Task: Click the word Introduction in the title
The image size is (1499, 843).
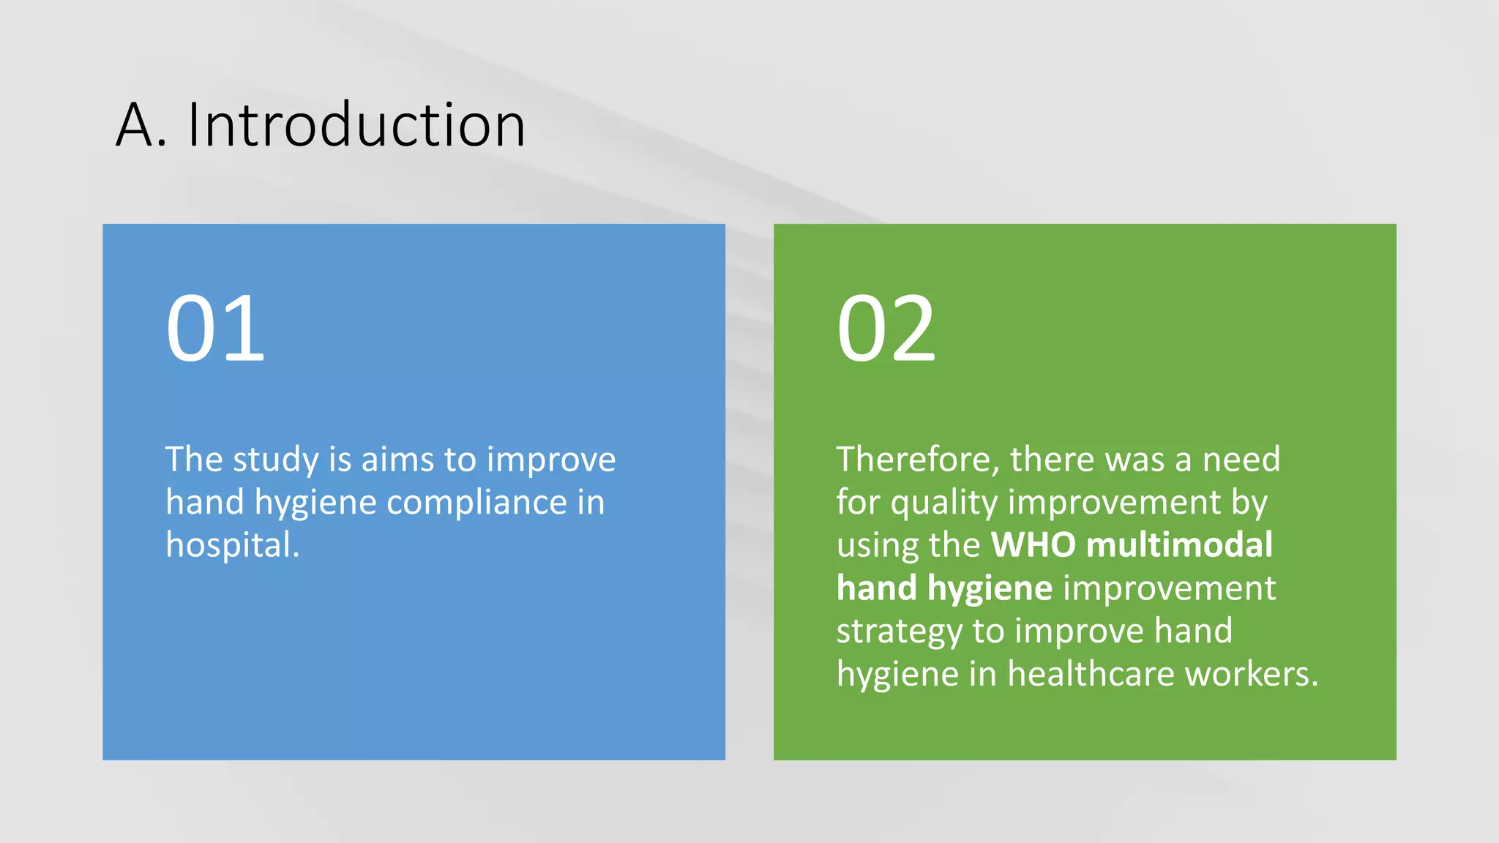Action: pos(356,125)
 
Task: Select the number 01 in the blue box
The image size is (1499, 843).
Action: pos(215,328)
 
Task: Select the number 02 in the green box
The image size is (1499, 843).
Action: pos(886,328)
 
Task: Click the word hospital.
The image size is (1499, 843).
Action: pos(232,545)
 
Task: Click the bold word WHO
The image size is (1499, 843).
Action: pos(1033,545)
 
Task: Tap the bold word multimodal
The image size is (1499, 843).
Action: pos(1179,545)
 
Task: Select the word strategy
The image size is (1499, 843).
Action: pos(899,632)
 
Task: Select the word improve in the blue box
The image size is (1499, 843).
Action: pos(551,460)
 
